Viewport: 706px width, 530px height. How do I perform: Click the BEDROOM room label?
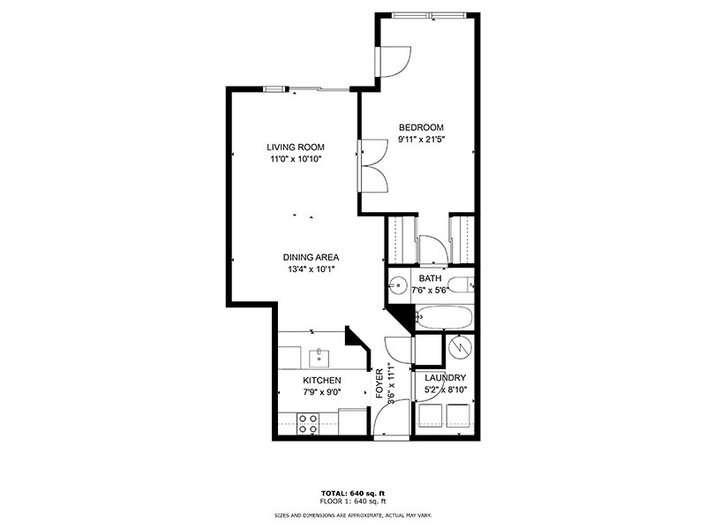coord(420,126)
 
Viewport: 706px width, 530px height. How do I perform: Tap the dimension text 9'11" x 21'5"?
coord(420,139)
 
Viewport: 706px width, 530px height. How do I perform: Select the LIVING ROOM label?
coord(296,148)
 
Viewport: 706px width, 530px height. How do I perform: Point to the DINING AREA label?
coord(310,257)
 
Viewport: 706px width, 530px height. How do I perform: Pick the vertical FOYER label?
coord(380,383)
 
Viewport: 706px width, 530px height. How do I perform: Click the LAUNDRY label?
coord(445,377)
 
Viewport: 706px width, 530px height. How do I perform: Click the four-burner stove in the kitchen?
coord(308,423)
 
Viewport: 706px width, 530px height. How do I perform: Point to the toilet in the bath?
coord(460,285)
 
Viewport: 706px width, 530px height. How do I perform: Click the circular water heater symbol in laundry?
coord(458,348)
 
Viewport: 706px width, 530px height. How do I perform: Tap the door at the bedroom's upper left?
coord(389,60)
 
